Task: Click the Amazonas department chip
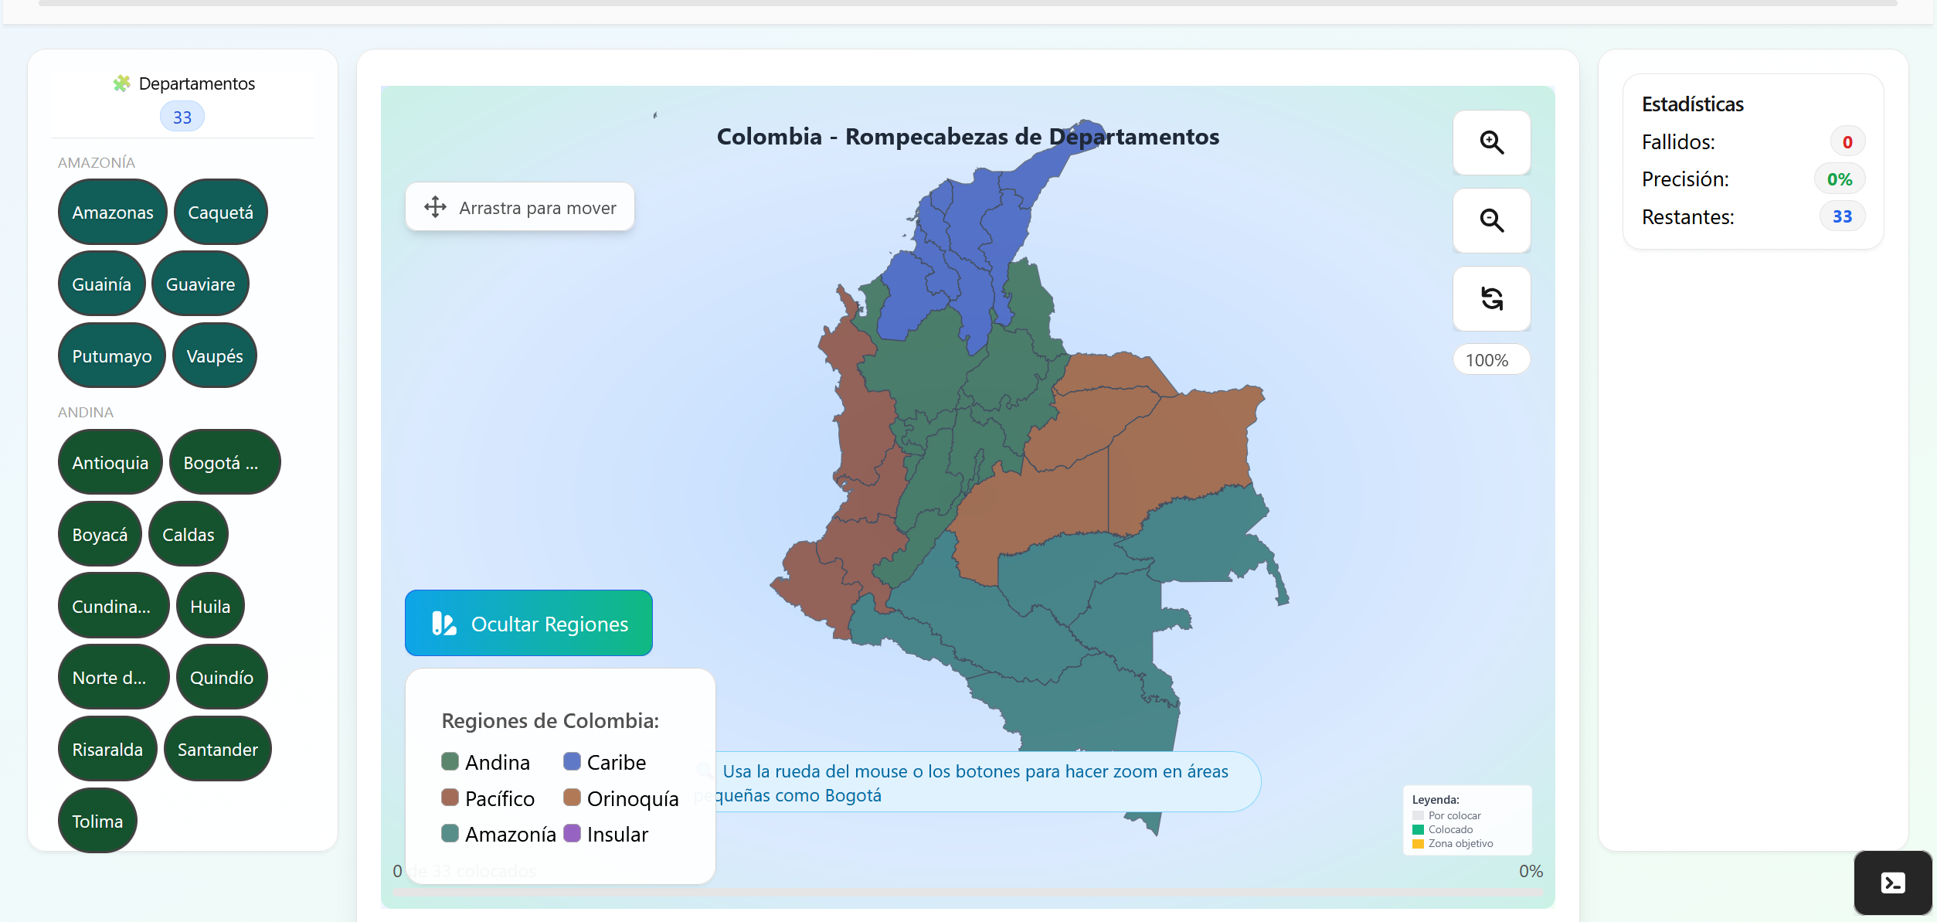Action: pos(112,213)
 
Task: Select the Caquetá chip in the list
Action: pos(220,213)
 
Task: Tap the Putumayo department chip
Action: pos(111,356)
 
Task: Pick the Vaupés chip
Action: pos(214,356)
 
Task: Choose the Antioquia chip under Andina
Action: pos(110,463)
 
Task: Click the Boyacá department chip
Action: pos(100,535)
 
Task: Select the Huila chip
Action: pos(210,607)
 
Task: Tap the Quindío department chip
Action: pos(221,678)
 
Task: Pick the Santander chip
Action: pos(217,750)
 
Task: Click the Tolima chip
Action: pos(97,822)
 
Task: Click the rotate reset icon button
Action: pos(1491,298)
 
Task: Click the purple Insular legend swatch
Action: pos(573,833)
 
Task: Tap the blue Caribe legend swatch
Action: pos(573,761)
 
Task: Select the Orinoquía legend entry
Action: pos(621,798)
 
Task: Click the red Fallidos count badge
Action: pos(1847,142)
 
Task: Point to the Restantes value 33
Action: pos(1842,217)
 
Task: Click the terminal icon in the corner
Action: pos(1892,883)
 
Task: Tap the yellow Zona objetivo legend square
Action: pos(1418,844)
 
